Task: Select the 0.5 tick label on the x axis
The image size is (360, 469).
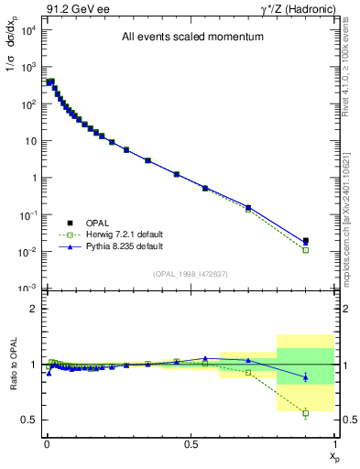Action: (x=191, y=443)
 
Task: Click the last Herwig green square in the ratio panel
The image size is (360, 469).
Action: (x=306, y=413)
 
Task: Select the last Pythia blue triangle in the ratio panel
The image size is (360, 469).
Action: (x=306, y=377)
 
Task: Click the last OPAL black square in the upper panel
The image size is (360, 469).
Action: (x=306, y=241)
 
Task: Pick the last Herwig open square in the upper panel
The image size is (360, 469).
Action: (x=306, y=250)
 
